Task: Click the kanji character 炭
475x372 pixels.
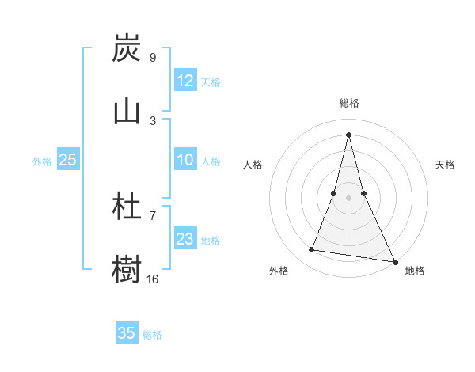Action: tap(127, 49)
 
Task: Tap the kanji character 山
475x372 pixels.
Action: tap(127, 111)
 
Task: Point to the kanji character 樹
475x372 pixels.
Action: tap(127, 269)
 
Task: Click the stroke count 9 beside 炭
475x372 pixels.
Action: tap(152, 58)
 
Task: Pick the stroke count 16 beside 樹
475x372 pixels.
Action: tap(153, 279)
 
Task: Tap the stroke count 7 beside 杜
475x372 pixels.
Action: tap(153, 215)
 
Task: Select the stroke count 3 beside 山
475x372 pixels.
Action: tap(153, 120)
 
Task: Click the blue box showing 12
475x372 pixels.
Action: tap(185, 81)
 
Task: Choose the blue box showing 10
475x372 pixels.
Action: tap(185, 160)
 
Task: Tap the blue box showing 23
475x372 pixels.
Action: tap(185, 239)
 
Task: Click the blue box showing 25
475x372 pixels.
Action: tap(68, 160)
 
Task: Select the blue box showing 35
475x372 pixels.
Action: tap(127, 333)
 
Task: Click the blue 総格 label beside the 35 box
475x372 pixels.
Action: tap(152, 335)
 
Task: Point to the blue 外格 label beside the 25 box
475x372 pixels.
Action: tap(42, 161)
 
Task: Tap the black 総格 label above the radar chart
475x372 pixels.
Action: tap(348, 103)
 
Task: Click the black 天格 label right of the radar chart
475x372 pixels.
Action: tap(446, 165)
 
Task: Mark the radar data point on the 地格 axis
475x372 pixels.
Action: tap(395, 261)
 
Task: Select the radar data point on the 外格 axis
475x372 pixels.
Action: tap(312, 250)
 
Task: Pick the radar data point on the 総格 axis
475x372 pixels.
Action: tap(348, 134)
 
